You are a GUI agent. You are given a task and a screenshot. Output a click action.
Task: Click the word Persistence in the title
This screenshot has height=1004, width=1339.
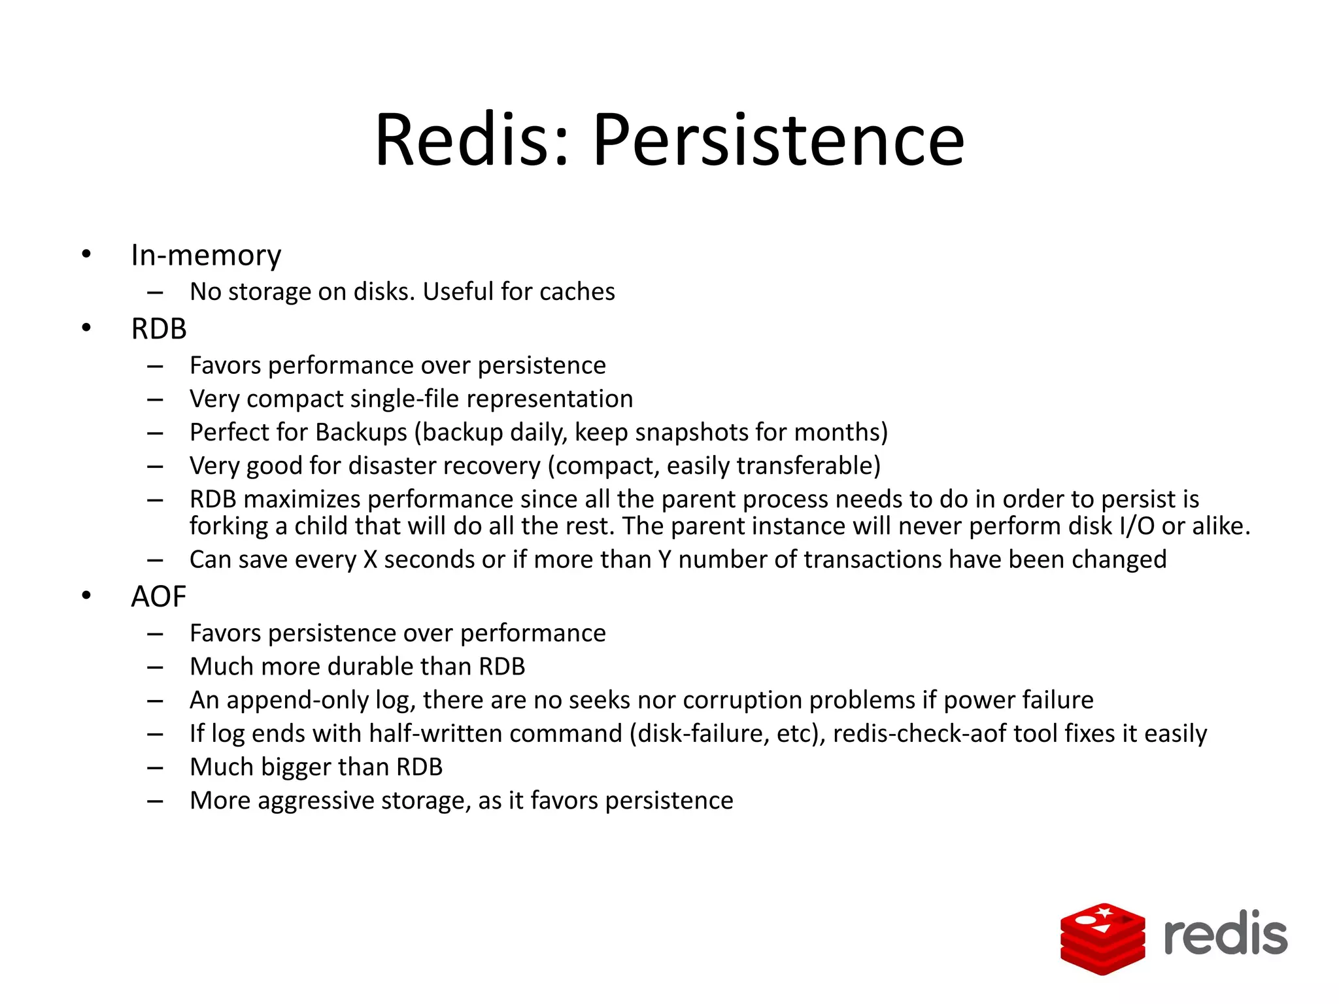coord(778,141)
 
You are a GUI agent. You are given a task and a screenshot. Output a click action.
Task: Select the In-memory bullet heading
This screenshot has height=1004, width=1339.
coord(206,256)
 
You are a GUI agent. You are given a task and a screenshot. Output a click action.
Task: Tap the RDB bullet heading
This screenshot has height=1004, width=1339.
coord(159,329)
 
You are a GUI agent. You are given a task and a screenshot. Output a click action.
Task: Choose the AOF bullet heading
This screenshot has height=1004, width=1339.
coord(158,597)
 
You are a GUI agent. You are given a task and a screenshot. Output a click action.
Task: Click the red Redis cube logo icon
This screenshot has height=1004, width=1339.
coord(1102,939)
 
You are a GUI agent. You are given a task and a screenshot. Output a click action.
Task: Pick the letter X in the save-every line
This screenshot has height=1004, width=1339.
coord(370,560)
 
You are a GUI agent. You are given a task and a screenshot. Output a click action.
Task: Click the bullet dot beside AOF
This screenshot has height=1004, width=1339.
coord(86,595)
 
